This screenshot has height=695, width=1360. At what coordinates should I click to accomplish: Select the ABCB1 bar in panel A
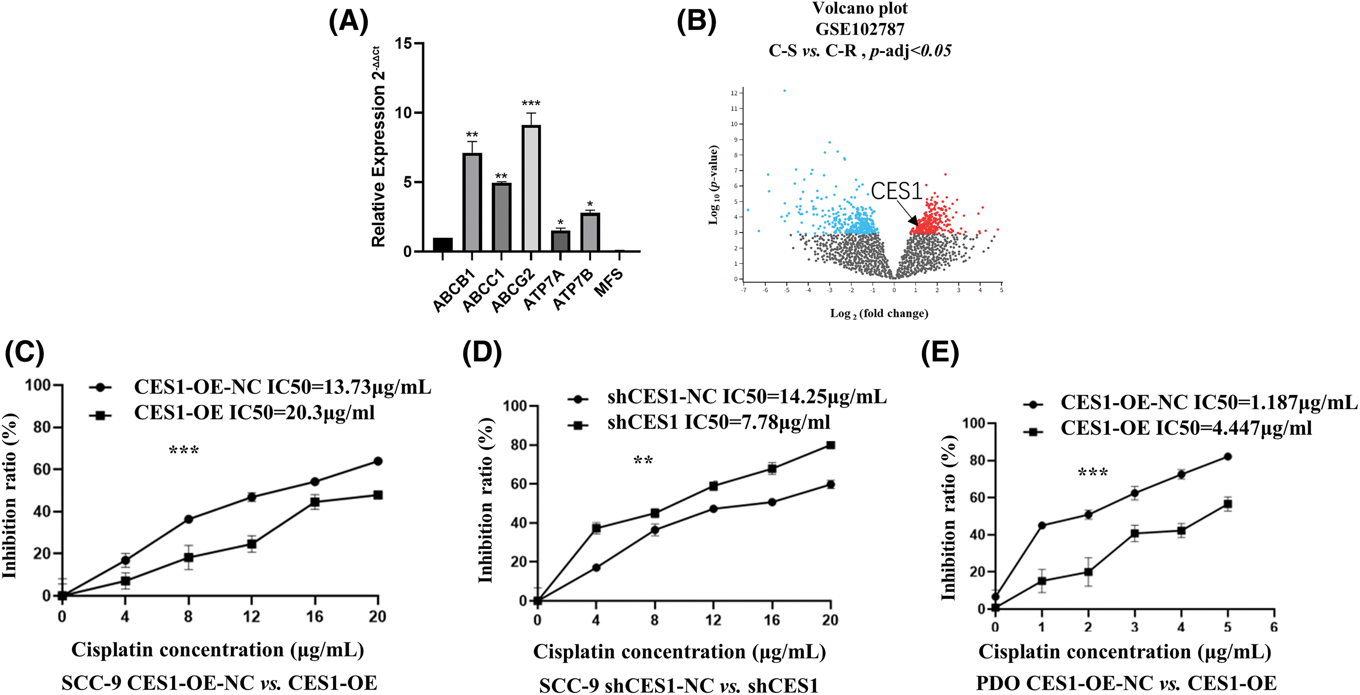point(472,202)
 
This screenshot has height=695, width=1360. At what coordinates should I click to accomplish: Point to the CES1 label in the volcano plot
point(896,191)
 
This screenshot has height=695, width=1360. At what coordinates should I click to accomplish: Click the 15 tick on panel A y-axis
point(403,43)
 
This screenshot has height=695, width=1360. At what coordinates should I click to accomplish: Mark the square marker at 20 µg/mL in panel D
point(831,445)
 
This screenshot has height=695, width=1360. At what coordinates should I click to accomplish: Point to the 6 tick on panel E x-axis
point(1274,627)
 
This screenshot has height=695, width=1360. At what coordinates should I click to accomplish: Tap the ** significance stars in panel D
point(643,461)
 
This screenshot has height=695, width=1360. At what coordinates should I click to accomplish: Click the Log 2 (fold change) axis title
point(879,314)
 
